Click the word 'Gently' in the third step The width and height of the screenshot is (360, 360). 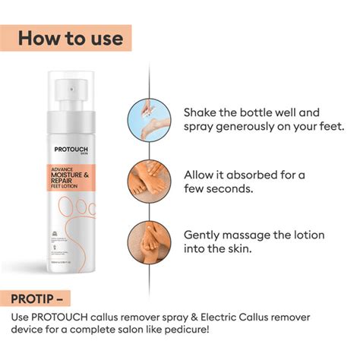pos(206,236)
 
